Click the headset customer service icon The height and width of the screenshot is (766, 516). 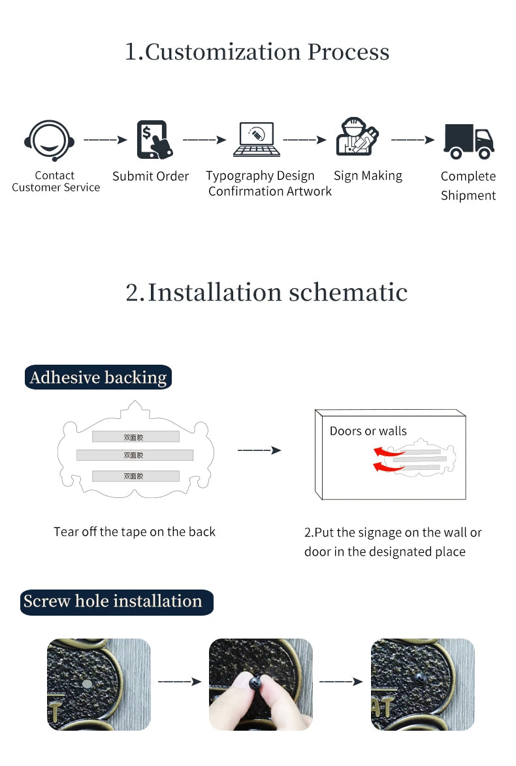(50, 141)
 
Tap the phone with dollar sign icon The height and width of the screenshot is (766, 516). (154, 140)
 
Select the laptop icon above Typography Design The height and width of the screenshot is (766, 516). (257, 140)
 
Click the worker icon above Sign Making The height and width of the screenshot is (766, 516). (356, 137)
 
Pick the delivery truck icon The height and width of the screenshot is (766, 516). (468, 141)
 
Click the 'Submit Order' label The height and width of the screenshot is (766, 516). (150, 176)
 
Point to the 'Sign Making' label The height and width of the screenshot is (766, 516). (368, 176)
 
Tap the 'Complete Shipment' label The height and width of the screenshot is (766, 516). (468, 186)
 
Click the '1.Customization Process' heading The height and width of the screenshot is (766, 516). (257, 52)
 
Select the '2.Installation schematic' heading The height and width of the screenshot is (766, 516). (266, 292)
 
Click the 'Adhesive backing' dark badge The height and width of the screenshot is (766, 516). (98, 378)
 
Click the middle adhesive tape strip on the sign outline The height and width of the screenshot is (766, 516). (135, 455)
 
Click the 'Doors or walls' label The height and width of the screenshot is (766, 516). (368, 431)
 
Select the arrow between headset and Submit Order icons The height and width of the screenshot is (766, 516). (105, 140)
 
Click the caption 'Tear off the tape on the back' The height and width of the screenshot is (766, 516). (135, 532)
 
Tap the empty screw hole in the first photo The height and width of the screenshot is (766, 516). (86, 683)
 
